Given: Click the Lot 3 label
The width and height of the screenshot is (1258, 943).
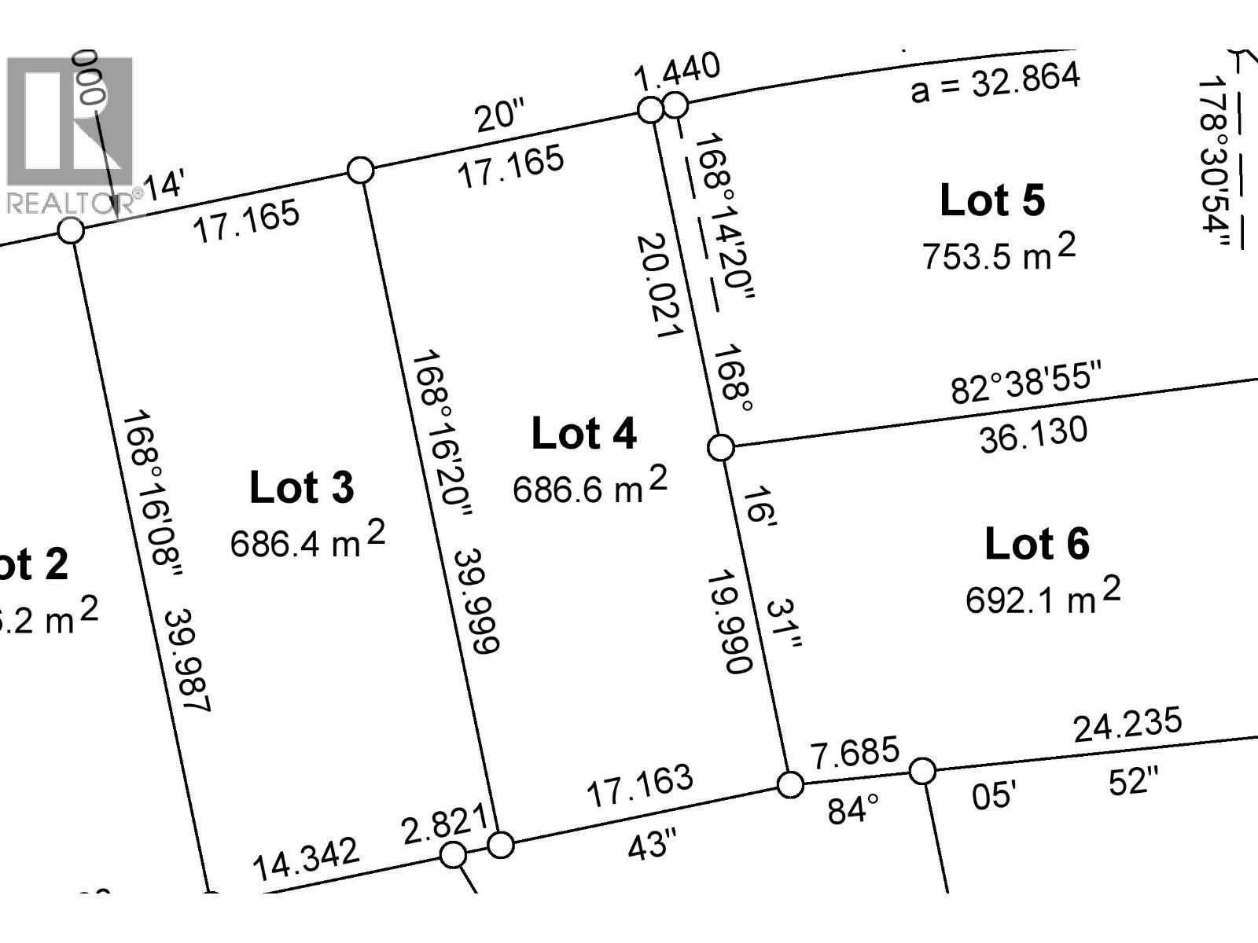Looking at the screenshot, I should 302,487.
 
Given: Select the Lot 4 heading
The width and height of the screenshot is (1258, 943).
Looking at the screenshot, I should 583,434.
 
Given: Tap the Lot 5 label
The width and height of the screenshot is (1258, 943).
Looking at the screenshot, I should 992,200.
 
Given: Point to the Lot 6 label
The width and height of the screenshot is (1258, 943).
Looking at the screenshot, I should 1036,544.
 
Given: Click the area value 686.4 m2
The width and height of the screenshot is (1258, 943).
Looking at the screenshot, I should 307,541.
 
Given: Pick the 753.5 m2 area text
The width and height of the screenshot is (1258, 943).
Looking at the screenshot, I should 999,253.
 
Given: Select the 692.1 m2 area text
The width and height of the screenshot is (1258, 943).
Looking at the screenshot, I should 1043,597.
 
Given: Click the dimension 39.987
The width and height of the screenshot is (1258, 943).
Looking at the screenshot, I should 187,660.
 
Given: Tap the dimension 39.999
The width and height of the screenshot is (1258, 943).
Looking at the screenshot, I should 476,601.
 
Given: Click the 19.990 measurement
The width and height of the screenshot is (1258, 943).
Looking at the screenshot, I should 730,622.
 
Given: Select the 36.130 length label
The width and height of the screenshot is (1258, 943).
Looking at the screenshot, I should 1033,435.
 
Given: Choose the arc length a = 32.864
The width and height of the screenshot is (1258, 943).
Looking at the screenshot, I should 995,83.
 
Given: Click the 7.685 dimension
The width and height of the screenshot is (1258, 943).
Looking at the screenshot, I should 855,753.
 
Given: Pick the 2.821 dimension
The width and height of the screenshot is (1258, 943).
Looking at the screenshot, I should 445,825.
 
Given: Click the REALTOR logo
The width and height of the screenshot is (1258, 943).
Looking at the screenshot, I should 71,134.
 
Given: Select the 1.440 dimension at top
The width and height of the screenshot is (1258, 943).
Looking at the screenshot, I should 677,72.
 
